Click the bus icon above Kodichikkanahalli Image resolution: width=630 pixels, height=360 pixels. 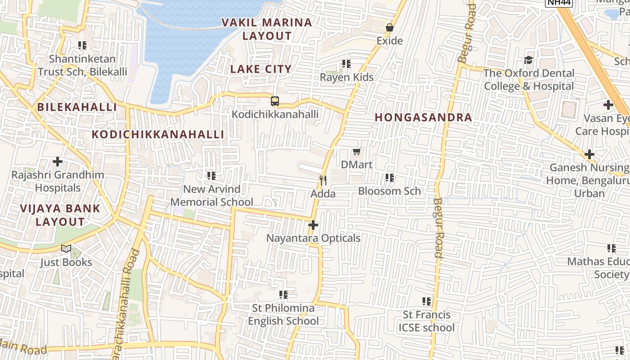[275, 101]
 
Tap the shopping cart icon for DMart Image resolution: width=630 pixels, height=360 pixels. [357, 151]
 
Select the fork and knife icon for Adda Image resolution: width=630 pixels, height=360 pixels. [323, 180]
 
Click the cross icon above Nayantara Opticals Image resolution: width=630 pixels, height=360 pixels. [313, 225]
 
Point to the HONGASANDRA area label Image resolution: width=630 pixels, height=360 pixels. [423, 117]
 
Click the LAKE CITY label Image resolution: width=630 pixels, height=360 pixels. [261, 69]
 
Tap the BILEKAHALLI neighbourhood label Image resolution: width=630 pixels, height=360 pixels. [77, 107]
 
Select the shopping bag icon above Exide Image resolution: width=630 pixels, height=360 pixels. [389, 27]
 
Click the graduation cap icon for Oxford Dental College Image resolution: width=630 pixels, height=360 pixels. [529, 60]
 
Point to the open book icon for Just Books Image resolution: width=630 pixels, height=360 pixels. [66, 249]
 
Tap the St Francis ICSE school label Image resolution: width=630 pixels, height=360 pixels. [426, 321]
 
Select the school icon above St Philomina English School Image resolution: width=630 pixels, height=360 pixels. [283, 295]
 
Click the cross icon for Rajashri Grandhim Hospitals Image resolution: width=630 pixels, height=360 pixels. [58, 161]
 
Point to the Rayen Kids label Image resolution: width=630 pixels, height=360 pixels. [346, 77]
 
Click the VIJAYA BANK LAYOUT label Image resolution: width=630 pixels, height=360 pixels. [60, 215]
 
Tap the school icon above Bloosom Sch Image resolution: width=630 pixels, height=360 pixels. [390, 178]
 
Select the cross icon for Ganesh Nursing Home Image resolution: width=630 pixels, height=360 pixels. [589, 154]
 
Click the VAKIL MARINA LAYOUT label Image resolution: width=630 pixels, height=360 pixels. [267, 29]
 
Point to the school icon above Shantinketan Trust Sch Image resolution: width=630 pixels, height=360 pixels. [82, 45]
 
